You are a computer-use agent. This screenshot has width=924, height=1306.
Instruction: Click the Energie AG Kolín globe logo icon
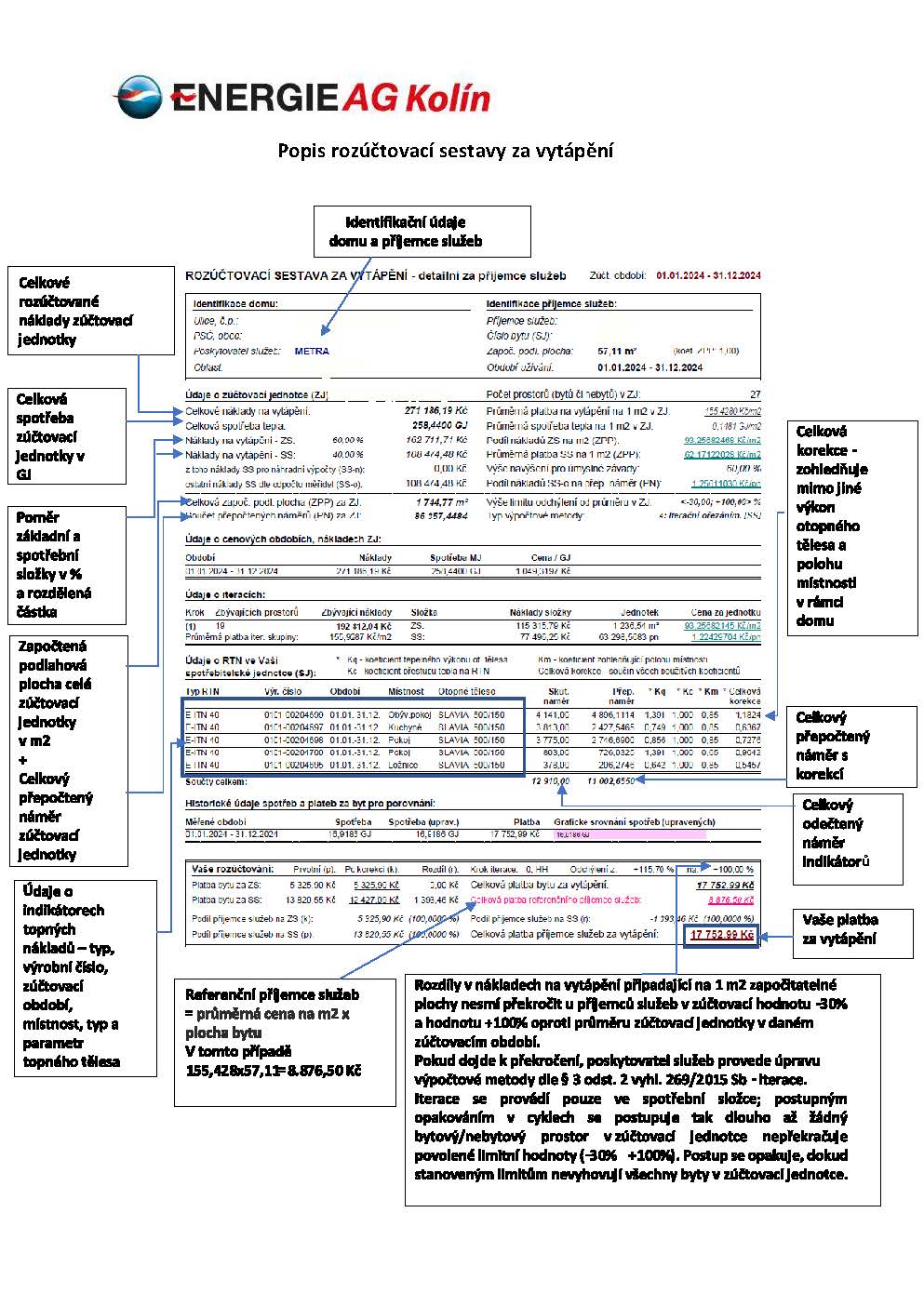point(139,98)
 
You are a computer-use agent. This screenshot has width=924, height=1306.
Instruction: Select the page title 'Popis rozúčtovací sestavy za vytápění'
point(446,151)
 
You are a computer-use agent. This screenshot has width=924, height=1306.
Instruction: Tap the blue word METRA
point(312,352)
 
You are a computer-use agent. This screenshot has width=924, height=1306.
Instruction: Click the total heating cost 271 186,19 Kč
point(436,410)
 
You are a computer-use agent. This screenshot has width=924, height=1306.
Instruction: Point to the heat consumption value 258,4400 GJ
point(437,425)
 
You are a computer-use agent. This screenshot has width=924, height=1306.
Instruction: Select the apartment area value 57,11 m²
point(617,352)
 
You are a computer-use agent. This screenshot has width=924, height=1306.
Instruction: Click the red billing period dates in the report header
point(708,275)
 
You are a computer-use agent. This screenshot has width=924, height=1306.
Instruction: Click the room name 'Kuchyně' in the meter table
point(405,727)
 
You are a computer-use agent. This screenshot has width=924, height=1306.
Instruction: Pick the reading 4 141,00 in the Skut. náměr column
point(553,715)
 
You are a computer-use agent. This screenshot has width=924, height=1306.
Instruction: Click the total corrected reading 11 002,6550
point(611,781)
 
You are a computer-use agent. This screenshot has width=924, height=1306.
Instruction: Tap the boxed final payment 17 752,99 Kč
point(722,934)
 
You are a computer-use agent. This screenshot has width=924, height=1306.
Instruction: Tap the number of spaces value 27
point(755,395)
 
